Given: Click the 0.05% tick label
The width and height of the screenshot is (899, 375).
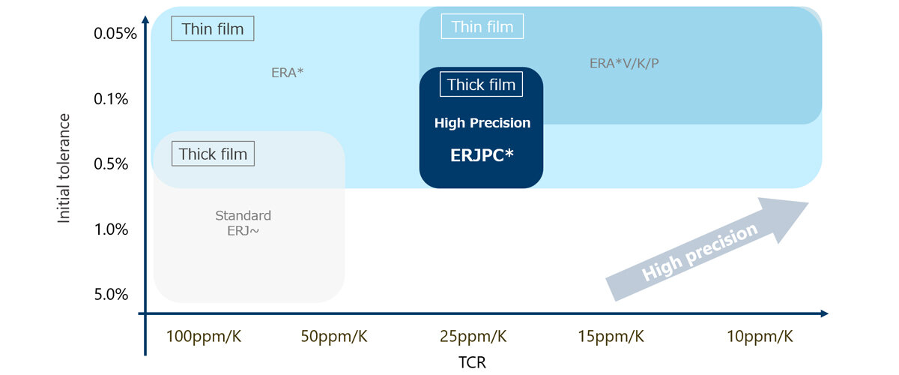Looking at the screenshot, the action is point(115,33).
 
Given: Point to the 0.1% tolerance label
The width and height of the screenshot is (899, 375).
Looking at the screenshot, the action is point(111,99).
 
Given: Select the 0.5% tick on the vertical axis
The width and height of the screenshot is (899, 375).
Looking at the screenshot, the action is point(111,164).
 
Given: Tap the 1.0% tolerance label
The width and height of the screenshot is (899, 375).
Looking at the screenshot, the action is point(111,229).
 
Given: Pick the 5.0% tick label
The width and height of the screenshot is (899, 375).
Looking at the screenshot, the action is point(111,295).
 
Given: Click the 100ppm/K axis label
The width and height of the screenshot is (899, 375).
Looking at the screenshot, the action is point(204,337).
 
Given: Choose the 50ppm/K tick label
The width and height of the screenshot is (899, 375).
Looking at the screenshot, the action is point(334,337).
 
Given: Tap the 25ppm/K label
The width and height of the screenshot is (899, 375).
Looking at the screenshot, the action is point(473,337).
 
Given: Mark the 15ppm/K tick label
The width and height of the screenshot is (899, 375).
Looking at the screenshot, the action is point(611,337).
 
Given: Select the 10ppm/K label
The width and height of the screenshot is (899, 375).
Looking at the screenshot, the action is point(760,337).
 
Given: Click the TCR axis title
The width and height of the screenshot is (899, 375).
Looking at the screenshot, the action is point(473,362).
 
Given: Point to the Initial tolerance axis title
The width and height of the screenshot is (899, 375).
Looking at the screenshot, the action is point(64,168).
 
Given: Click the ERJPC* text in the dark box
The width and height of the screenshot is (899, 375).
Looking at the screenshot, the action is point(482,155).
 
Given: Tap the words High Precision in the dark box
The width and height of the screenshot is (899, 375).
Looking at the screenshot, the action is point(482,123).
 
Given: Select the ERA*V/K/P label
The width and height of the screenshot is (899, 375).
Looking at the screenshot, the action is point(624,64).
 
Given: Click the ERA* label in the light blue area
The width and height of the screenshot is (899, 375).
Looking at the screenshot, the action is point(288,73).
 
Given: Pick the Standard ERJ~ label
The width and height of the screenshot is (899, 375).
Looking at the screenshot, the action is point(243,223).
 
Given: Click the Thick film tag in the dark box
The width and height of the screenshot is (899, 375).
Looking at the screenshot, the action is point(481,85).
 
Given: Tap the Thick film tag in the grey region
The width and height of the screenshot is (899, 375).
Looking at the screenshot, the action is point(213,154).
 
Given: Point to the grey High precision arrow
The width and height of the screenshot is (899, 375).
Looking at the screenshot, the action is point(706,249).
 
